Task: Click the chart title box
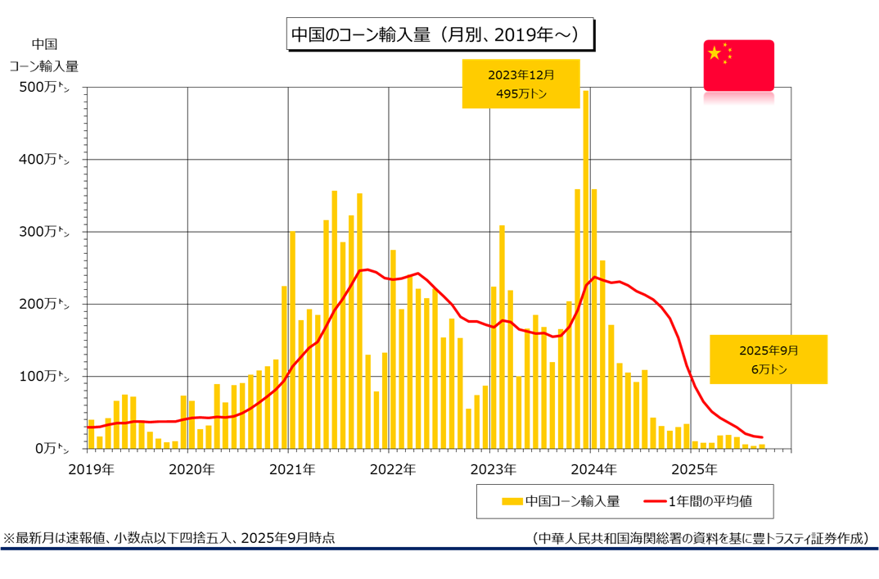pos(440,35)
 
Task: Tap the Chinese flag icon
pos(738,65)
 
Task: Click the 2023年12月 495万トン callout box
pos(521,84)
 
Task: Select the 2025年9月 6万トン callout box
pos(768,359)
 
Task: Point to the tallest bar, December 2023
pos(586,270)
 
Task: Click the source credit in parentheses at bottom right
pos(700,538)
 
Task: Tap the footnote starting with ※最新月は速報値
pos(169,538)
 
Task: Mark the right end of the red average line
pos(762,437)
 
